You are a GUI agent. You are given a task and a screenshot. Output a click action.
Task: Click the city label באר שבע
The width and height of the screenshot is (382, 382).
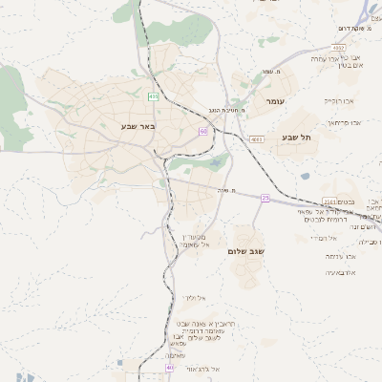click(x=138, y=126)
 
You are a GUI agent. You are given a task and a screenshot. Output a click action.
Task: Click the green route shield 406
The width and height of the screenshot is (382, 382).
click(x=154, y=96)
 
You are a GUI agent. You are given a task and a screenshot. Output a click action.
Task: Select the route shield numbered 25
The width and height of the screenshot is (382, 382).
click(x=265, y=198)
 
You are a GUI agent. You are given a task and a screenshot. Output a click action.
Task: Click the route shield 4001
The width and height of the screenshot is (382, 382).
click(x=256, y=139)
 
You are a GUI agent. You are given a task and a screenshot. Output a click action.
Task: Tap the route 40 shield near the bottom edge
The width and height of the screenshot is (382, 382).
click(x=170, y=367)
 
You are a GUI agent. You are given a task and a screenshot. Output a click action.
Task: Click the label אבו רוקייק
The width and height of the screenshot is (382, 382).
click(x=338, y=99)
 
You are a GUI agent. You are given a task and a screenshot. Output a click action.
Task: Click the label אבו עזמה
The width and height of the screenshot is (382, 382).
click(x=340, y=256)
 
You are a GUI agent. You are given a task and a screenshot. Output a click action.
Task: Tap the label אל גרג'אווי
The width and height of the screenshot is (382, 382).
click(x=203, y=369)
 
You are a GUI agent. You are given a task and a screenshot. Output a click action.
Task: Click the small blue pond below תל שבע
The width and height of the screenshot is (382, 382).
click(x=305, y=176)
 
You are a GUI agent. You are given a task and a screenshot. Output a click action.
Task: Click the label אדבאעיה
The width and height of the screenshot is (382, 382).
click(x=341, y=272)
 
